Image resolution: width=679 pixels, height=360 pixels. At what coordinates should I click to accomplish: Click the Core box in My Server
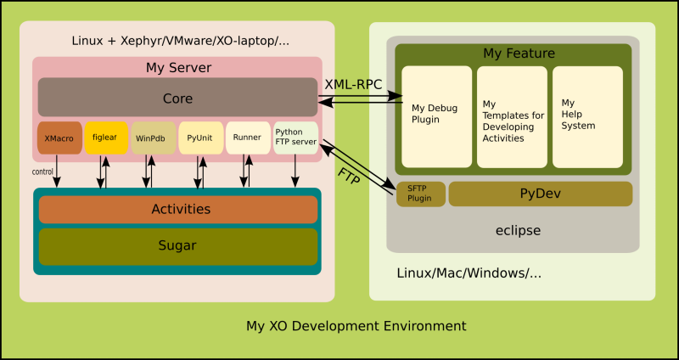click(x=178, y=98)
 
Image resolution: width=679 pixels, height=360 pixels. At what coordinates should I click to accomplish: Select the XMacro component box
click(x=59, y=138)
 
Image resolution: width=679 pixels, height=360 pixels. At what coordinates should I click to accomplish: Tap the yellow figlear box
click(x=106, y=138)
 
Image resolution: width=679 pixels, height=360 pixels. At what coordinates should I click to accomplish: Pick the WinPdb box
click(x=154, y=138)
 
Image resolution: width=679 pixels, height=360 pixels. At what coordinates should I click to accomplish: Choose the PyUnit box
click(x=201, y=138)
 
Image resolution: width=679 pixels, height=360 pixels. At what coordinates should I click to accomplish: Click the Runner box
click(x=248, y=138)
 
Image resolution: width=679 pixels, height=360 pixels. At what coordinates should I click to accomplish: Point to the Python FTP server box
click(x=295, y=138)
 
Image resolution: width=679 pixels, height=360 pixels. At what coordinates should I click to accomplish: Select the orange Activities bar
click(x=178, y=209)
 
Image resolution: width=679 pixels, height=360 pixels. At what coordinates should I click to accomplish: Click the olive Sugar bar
click(x=178, y=246)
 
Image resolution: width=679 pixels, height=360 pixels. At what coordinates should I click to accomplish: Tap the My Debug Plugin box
click(x=437, y=116)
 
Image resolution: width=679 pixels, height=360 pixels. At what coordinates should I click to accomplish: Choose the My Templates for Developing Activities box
click(x=512, y=116)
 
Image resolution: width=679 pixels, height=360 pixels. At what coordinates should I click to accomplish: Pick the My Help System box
click(x=587, y=116)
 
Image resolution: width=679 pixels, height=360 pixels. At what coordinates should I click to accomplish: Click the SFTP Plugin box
click(x=420, y=194)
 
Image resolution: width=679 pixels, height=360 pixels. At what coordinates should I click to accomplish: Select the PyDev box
click(x=540, y=194)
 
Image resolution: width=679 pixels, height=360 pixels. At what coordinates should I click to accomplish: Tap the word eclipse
click(x=518, y=230)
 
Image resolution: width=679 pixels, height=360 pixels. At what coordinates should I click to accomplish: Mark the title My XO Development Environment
click(x=356, y=325)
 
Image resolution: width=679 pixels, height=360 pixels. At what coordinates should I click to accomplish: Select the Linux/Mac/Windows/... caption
click(x=469, y=273)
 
